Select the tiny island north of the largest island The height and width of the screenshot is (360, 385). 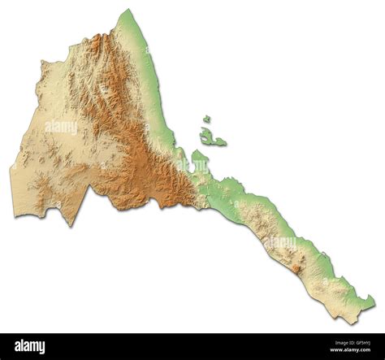[207, 119]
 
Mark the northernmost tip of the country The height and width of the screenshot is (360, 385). [126, 11]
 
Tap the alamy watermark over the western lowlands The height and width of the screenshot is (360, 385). [61, 127]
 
